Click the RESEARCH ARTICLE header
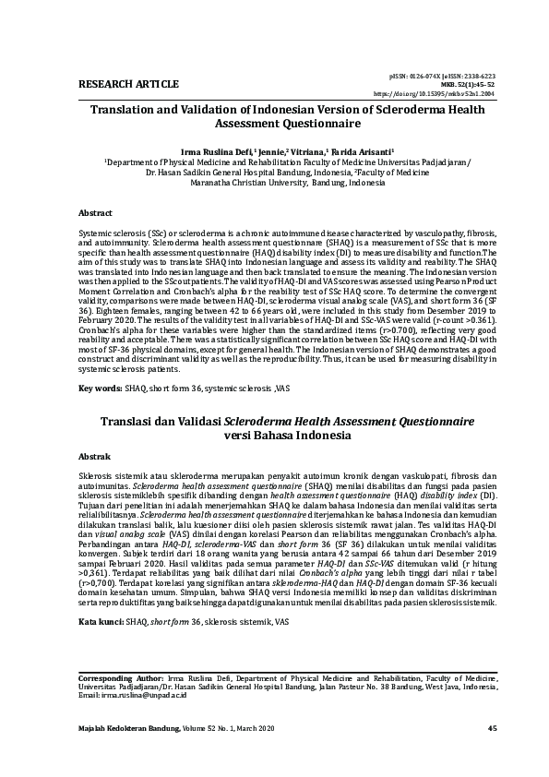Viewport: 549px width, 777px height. pos(115,85)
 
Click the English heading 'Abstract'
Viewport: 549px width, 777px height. pos(95,212)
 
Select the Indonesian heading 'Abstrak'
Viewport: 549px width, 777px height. pos(94,457)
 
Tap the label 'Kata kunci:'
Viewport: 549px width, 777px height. pos(101,623)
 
